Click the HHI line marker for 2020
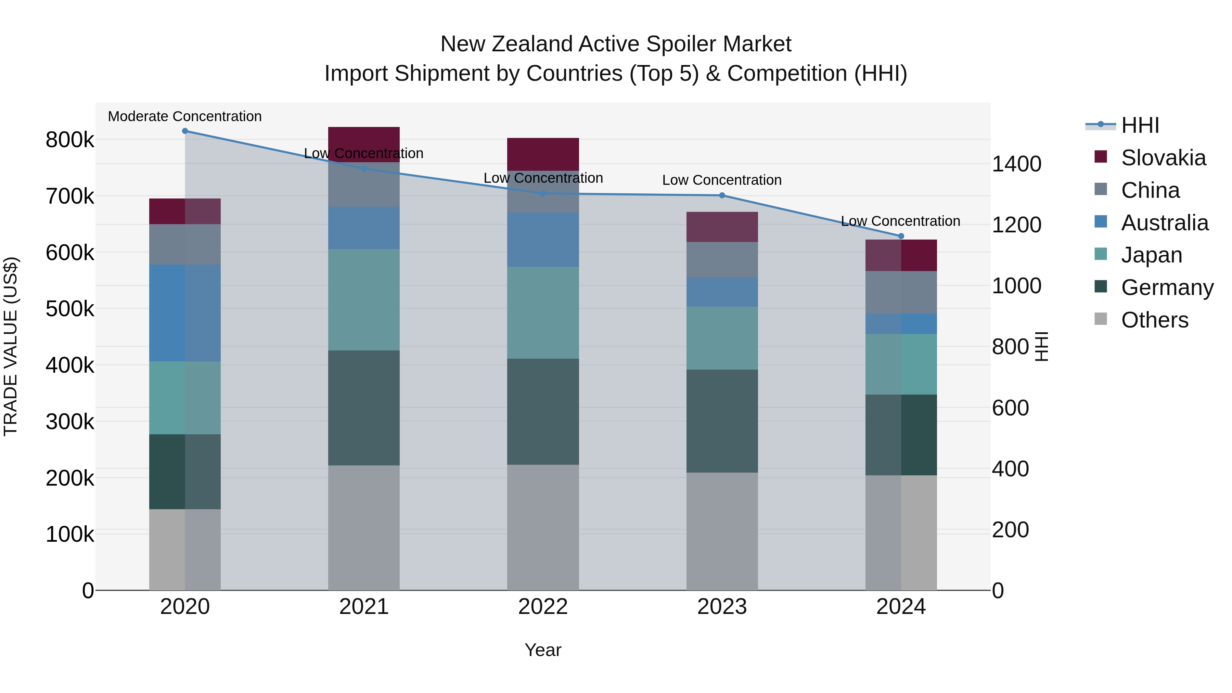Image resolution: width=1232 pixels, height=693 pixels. (x=185, y=131)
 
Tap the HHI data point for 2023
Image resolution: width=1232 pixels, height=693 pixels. (x=722, y=195)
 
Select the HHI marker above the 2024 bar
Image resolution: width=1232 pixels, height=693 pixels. (x=901, y=236)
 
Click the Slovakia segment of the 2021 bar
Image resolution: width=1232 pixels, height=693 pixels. (x=364, y=144)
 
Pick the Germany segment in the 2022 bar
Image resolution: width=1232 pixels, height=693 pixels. (x=543, y=411)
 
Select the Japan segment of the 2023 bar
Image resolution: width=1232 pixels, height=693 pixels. (x=722, y=338)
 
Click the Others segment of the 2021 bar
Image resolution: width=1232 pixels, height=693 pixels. (x=364, y=527)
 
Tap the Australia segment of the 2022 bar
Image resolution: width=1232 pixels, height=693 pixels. (x=543, y=240)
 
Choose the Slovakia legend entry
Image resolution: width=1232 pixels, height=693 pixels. (x=1163, y=158)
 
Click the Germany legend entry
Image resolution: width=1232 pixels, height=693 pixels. (x=1167, y=287)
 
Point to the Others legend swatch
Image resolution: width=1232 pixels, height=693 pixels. (x=1101, y=319)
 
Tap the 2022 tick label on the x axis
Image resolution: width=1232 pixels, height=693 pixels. (x=543, y=606)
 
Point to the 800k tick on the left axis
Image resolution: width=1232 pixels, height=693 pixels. (x=70, y=140)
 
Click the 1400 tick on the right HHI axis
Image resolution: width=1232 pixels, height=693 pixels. (x=1016, y=164)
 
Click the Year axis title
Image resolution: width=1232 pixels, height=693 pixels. (x=543, y=650)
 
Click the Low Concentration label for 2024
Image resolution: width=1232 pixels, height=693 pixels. (x=901, y=221)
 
